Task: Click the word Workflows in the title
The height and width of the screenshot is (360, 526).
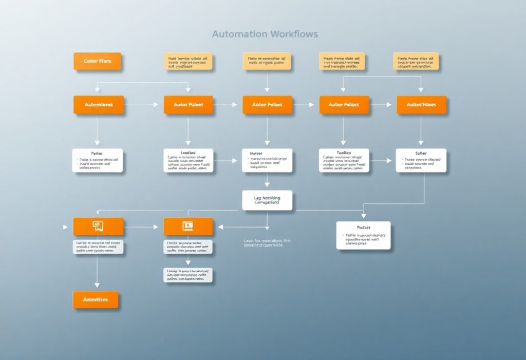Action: point(294,34)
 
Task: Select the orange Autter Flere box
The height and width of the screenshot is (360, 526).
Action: point(97,61)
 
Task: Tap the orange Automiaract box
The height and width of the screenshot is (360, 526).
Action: point(99,105)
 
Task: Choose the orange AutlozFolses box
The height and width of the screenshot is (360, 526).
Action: point(421,105)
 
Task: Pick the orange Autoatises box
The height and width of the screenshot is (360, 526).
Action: point(96,299)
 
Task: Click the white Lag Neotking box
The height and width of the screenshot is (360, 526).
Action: point(267,200)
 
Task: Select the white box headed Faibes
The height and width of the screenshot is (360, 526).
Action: point(363,235)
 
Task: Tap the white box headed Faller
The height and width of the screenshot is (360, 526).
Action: point(97,160)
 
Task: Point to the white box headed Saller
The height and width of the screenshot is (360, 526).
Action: point(421,160)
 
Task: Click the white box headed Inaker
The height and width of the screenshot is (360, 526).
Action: point(267,160)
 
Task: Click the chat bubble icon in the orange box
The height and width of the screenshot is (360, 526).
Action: point(98,226)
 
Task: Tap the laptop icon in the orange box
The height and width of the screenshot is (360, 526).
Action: point(188,226)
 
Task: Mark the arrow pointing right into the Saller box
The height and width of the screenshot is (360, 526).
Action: point(383,161)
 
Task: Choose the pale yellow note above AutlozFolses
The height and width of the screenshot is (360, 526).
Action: point(416,61)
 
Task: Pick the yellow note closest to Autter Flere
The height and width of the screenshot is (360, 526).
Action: point(188,61)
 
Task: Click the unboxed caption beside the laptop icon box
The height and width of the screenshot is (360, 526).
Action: point(267,243)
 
